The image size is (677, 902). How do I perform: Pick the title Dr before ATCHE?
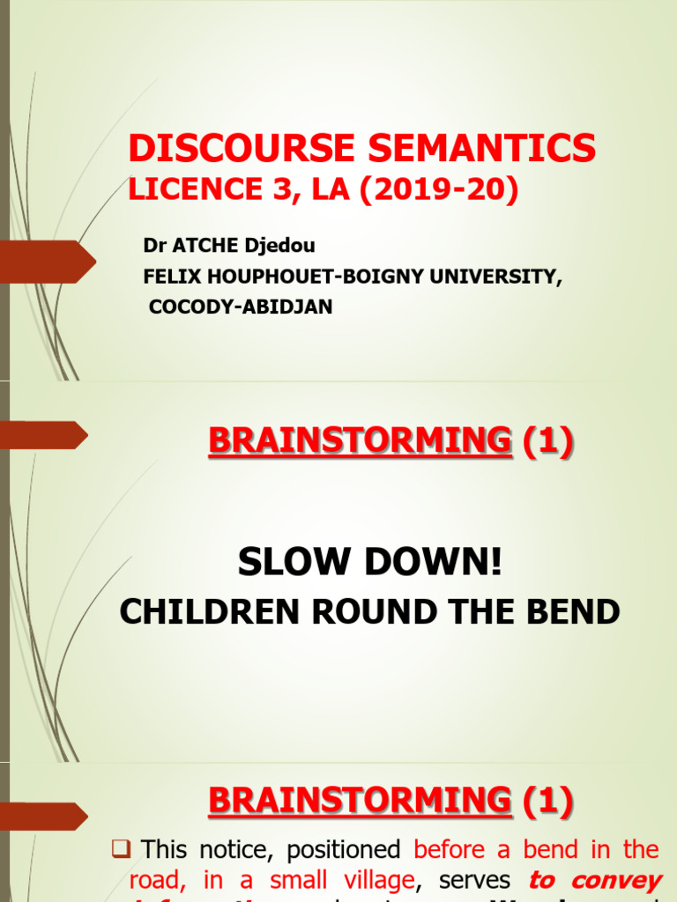tap(153, 247)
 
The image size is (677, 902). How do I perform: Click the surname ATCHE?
tap(201, 247)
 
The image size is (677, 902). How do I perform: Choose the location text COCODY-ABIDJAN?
tap(240, 308)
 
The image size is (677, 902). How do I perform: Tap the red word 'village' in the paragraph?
tap(374, 881)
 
